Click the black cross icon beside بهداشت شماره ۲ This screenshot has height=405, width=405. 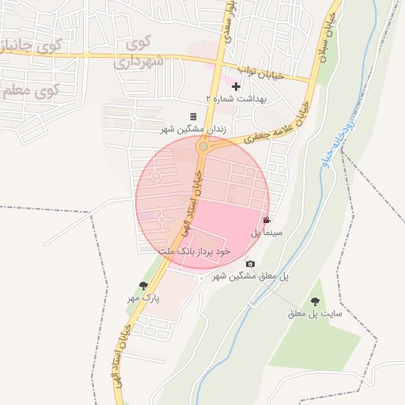click(x=236, y=85)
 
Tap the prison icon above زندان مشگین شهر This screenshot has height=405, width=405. click(x=193, y=116)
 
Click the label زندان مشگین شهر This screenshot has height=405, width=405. click(x=194, y=127)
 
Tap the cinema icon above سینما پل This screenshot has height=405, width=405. click(x=267, y=221)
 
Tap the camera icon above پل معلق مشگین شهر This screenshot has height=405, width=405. click(x=250, y=263)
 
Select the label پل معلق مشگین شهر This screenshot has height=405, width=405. click(x=250, y=275)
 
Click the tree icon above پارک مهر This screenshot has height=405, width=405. click(x=143, y=286)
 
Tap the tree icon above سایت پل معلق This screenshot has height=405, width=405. click(x=316, y=301)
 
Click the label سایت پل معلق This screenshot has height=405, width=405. click(x=316, y=313)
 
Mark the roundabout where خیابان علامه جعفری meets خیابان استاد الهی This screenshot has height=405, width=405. click(x=203, y=146)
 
